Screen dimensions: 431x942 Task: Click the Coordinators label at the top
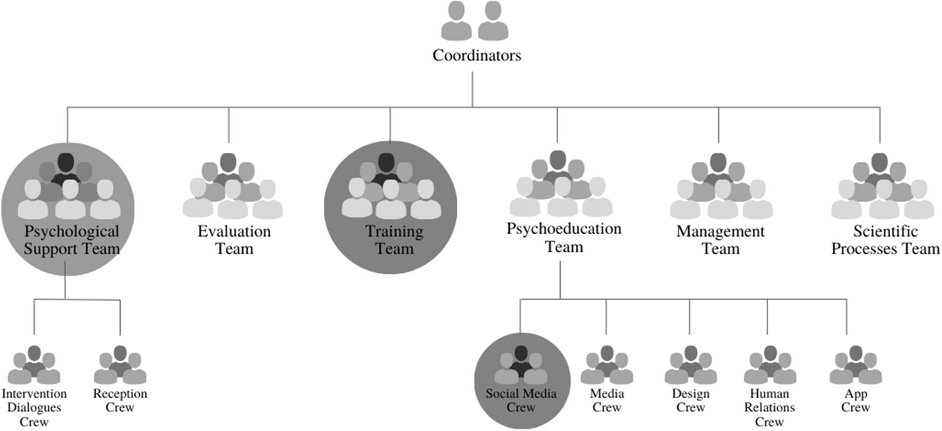(x=476, y=56)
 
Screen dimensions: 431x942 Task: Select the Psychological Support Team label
(x=72, y=240)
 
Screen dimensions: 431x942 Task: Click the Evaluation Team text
(x=234, y=240)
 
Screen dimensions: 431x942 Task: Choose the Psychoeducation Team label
(x=563, y=237)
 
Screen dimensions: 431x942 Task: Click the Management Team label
(x=720, y=240)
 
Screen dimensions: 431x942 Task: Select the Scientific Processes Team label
(x=885, y=240)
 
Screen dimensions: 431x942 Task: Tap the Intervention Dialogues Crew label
(x=34, y=407)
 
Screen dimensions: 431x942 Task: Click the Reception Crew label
(x=120, y=401)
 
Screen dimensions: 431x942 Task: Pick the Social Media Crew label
(x=521, y=401)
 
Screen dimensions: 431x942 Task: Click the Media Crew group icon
(x=606, y=366)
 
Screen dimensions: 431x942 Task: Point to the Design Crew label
(x=690, y=401)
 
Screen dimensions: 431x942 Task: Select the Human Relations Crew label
(x=769, y=407)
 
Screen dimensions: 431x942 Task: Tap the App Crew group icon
(x=855, y=366)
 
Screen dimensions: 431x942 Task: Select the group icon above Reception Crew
(x=120, y=366)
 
